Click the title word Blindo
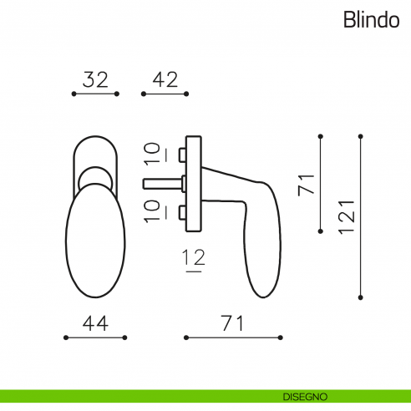(370, 21)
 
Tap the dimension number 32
(96, 80)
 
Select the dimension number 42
(165, 80)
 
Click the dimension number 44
(94, 323)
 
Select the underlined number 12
(194, 260)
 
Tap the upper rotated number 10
(150, 154)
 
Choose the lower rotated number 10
(150, 211)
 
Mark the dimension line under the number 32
(96, 94)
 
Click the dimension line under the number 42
(165, 94)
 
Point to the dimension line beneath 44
(95, 338)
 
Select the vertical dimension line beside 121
(360, 216)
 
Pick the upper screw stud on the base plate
(182, 155)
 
